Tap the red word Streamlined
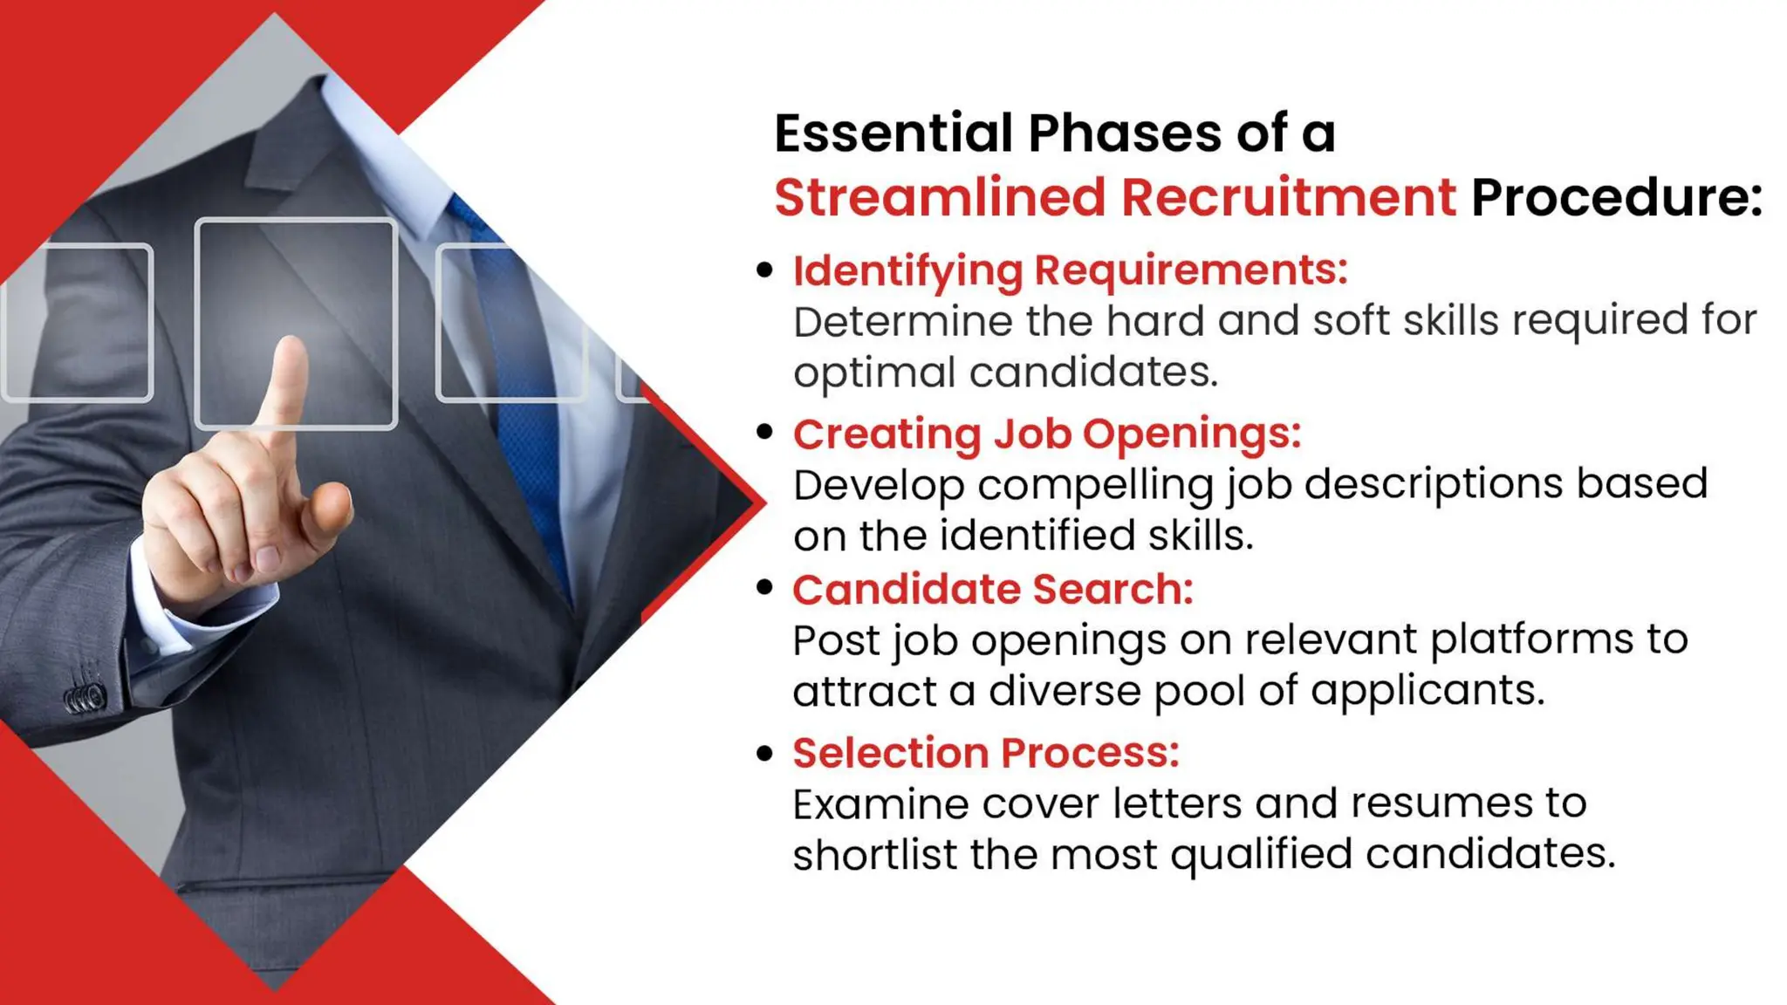pos(939,198)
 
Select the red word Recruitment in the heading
pos(1288,198)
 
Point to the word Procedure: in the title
pos(1616,198)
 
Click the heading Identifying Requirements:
pos(1070,270)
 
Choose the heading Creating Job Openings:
pos(1046,434)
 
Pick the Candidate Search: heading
pos(992,590)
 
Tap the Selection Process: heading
pos(985,753)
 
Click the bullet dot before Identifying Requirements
pos(765,270)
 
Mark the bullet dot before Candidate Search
pos(765,587)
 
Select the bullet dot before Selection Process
pos(765,752)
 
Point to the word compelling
pos(1095,485)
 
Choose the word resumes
pos(1441,803)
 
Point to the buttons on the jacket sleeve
pos(85,698)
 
